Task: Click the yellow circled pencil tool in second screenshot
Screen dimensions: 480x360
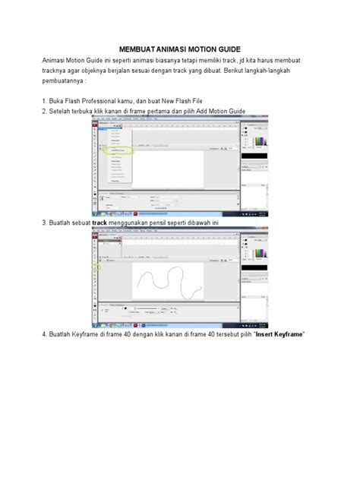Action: (x=95, y=268)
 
